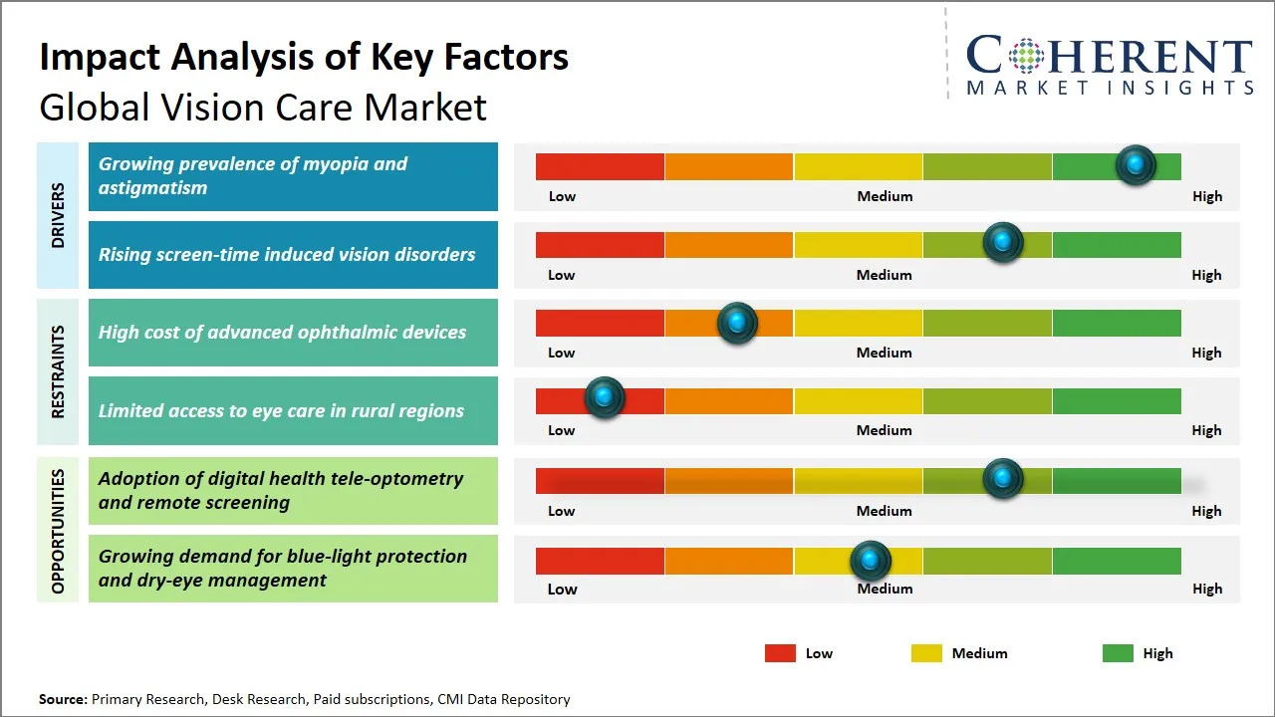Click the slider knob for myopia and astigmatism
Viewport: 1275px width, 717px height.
tap(1136, 165)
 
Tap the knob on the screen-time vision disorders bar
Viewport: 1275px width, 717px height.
tap(1003, 243)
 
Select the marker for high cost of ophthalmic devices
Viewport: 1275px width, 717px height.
tap(737, 323)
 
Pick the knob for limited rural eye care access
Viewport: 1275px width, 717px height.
tap(604, 398)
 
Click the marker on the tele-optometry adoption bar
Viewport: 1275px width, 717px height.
tap(1003, 479)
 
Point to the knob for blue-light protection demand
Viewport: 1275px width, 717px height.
tap(871, 562)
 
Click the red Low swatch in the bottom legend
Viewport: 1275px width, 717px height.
tap(780, 653)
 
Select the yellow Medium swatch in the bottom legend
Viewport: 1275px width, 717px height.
tap(926, 653)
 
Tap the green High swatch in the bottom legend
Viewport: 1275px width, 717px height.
tap(1118, 653)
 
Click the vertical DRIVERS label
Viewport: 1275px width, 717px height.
tap(58, 215)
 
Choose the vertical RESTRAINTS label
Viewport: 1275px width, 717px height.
tap(58, 371)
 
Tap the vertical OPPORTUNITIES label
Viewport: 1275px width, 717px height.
tap(58, 531)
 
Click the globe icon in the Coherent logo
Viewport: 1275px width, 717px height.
tap(1024, 56)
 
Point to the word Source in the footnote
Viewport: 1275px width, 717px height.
tap(62, 700)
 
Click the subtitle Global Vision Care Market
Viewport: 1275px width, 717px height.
tap(263, 108)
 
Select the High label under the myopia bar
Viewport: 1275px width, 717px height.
tap(1206, 196)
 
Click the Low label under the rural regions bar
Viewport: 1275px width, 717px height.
tap(561, 430)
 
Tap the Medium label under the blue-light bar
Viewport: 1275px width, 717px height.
tap(885, 589)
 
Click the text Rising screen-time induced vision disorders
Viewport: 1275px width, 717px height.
tap(287, 255)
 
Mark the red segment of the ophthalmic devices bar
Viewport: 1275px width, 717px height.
tap(600, 323)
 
